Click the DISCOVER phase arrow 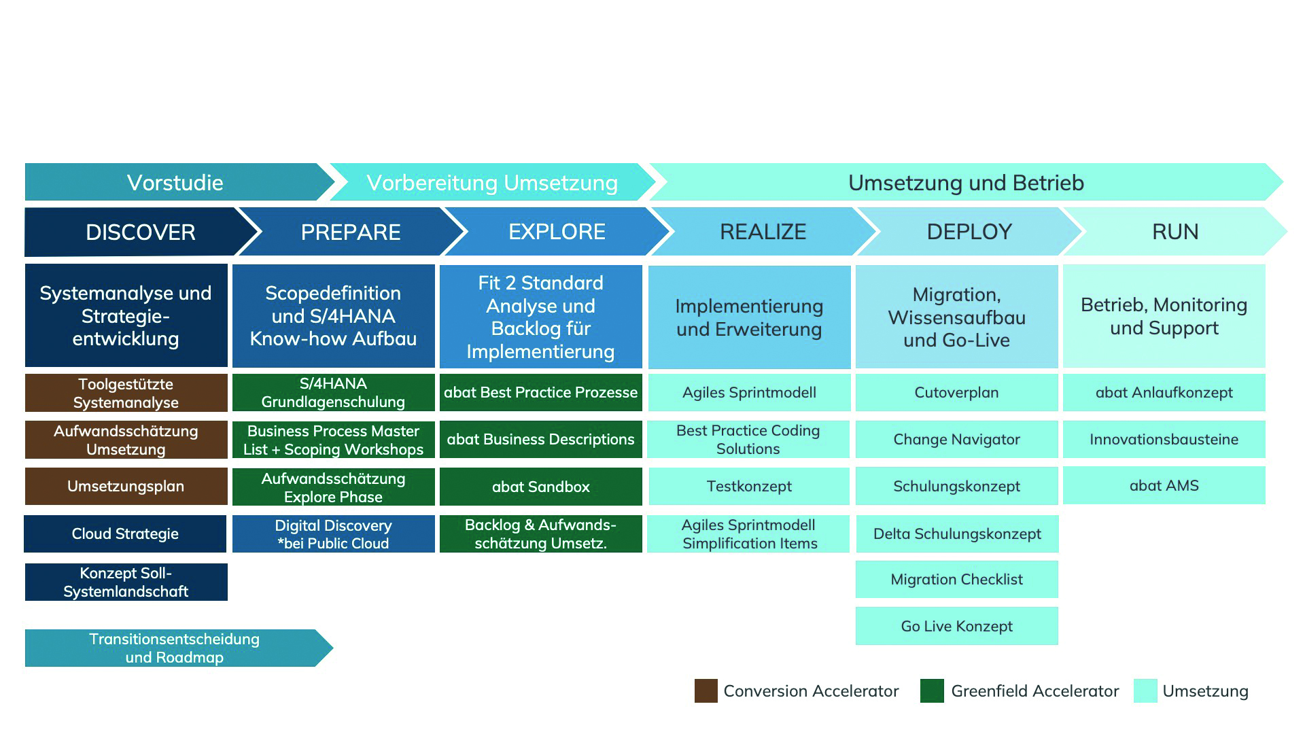(x=140, y=232)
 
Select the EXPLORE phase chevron (x=556, y=232)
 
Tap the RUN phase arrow (x=1174, y=232)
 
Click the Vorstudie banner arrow (x=175, y=182)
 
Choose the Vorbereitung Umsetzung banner (x=491, y=182)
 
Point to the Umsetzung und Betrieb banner (x=965, y=182)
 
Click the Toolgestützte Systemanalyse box (x=126, y=393)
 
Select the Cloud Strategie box (x=125, y=534)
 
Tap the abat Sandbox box (x=540, y=487)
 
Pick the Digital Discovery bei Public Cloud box (x=333, y=534)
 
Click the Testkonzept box (x=749, y=486)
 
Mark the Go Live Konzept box (x=956, y=626)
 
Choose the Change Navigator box (x=956, y=439)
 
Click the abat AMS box (x=1164, y=485)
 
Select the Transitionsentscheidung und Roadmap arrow (x=174, y=648)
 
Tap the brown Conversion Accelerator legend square (x=706, y=691)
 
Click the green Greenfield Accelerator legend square (x=931, y=691)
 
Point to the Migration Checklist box (x=956, y=579)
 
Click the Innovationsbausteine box (x=1164, y=439)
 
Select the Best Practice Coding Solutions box (x=748, y=439)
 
